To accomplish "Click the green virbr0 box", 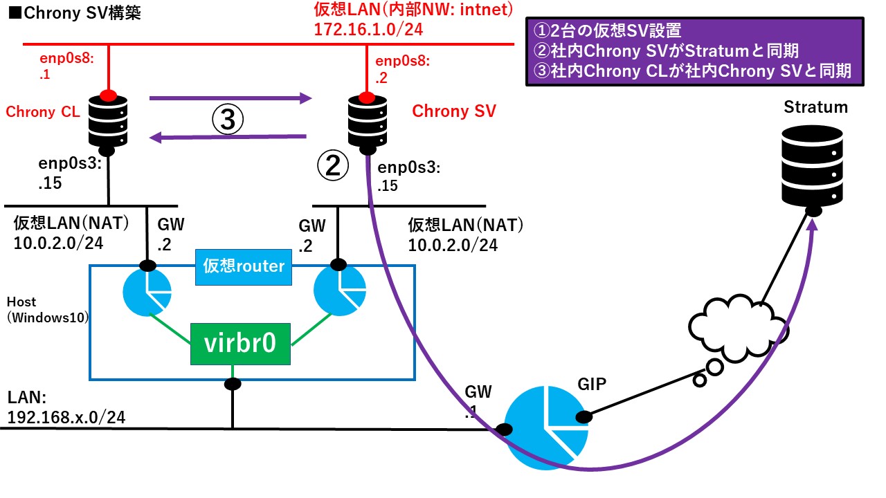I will click(x=240, y=343).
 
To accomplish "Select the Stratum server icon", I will click(x=813, y=165).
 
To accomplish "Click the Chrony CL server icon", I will click(x=108, y=121).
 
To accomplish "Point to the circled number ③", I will click(x=228, y=120).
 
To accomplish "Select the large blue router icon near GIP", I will click(x=543, y=425).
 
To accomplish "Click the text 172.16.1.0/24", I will click(x=368, y=30).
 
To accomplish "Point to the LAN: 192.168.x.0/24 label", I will click(x=66, y=408).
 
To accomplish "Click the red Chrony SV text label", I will click(x=454, y=111).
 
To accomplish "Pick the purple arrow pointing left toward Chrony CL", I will click(x=229, y=137).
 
